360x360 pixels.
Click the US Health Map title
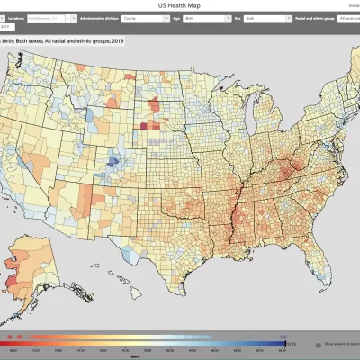(180, 4)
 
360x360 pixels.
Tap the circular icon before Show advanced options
(319, 344)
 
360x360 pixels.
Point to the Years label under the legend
(157, 355)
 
